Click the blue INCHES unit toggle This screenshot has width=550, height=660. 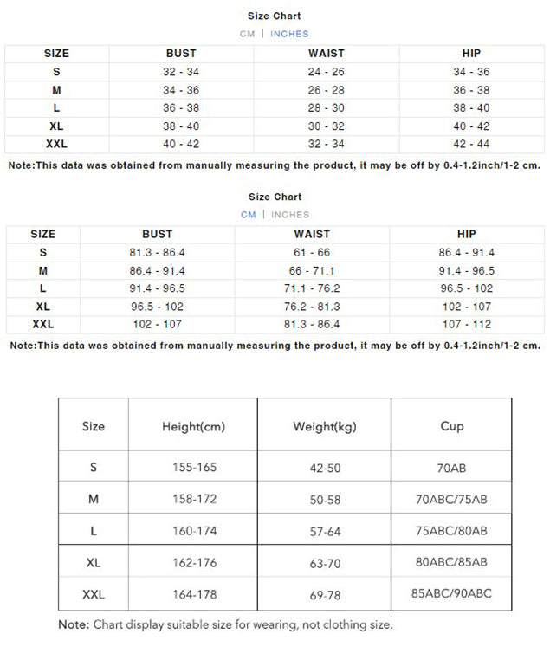[x=289, y=34]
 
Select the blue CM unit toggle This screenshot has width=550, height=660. [x=249, y=214]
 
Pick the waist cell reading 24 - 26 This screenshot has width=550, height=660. [x=326, y=72]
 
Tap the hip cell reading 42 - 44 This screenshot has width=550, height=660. [x=471, y=144]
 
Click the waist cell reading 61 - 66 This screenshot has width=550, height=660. [x=312, y=252]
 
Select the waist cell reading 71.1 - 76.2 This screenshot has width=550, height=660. [x=312, y=288]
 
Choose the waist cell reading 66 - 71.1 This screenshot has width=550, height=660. [x=312, y=270]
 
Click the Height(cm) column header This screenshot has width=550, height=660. [x=193, y=426]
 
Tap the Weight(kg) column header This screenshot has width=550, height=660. [x=325, y=426]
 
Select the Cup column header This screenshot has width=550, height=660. [x=451, y=426]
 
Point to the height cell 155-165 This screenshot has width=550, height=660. [x=194, y=468]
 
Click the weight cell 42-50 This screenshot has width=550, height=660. [x=325, y=468]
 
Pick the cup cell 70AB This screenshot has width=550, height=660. [x=451, y=468]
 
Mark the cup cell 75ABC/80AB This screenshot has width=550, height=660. [x=451, y=531]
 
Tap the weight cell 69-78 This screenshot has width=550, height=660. [x=325, y=595]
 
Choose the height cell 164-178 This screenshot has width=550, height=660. [x=194, y=595]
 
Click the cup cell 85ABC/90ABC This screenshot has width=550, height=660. [x=451, y=594]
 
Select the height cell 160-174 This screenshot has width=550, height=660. [x=194, y=531]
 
